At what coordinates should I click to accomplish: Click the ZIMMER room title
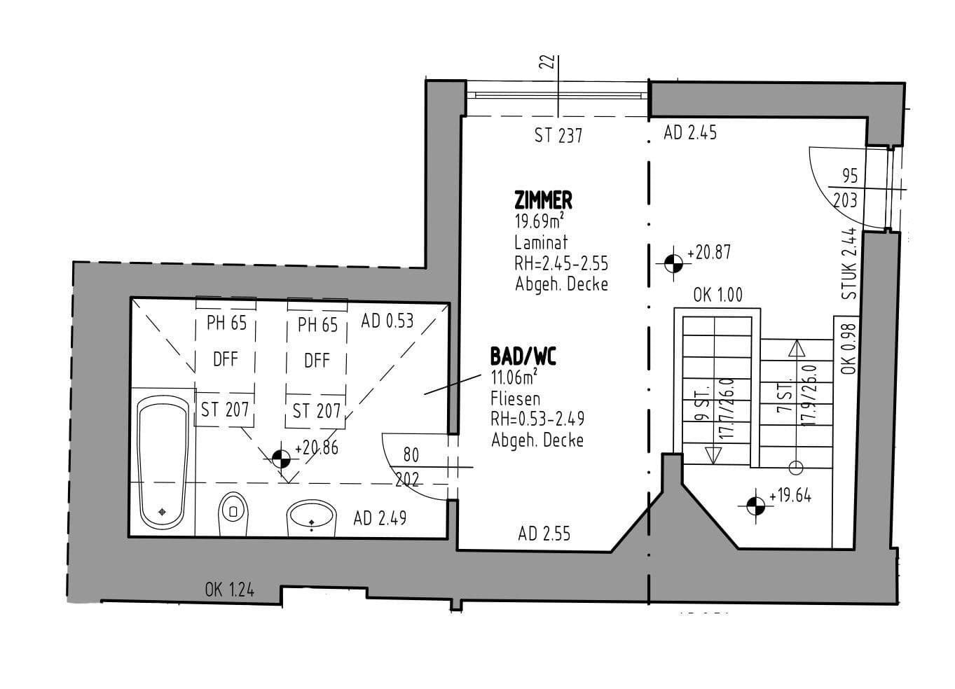pyautogui.click(x=543, y=201)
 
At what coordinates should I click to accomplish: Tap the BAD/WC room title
pyautogui.click(x=523, y=357)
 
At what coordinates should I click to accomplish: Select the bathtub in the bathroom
pyautogui.click(x=163, y=462)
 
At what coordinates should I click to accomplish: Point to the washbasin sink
pyautogui.click(x=312, y=518)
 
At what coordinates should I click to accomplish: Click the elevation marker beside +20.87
pyautogui.click(x=673, y=263)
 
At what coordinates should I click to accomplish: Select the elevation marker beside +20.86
pyautogui.click(x=281, y=459)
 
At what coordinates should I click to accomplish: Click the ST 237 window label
pyautogui.click(x=558, y=136)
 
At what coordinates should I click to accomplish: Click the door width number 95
pyautogui.click(x=849, y=176)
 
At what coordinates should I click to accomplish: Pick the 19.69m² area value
pyautogui.click(x=540, y=223)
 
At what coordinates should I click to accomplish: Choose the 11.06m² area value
pyautogui.click(x=514, y=379)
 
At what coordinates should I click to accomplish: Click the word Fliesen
pyautogui.click(x=516, y=399)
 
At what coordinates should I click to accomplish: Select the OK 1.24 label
pyautogui.click(x=230, y=590)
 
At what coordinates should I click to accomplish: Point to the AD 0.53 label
pyautogui.click(x=387, y=321)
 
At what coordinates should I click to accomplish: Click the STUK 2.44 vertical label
pyautogui.click(x=849, y=264)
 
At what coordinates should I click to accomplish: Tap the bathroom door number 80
pyautogui.click(x=411, y=455)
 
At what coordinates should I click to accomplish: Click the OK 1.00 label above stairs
pyautogui.click(x=717, y=295)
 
